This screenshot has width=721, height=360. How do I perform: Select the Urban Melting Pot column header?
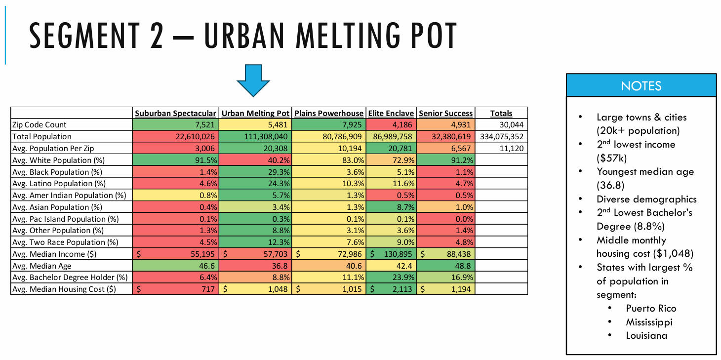[x=255, y=113]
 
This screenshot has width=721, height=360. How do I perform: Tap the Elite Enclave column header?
[x=391, y=113]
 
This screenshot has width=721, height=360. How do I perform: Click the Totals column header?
[x=501, y=113]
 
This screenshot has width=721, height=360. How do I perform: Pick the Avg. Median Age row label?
[x=42, y=266]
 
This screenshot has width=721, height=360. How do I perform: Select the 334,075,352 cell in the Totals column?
[x=501, y=137]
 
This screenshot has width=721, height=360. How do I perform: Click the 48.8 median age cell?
[x=461, y=266]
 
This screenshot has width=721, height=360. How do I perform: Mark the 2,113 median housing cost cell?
[x=401, y=289]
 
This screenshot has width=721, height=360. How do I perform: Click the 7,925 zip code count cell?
[x=352, y=125]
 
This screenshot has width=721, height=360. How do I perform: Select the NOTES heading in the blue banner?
[x=641, y=86]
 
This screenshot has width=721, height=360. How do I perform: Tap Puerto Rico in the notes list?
[x=651, y=309]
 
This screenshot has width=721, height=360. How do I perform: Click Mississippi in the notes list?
[x=649, y=322]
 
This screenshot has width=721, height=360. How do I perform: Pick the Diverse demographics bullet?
[x=646, y=199]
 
